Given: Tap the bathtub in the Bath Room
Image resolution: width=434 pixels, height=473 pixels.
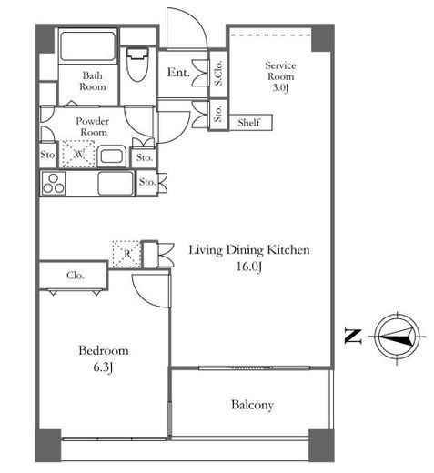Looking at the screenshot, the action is point(87,45).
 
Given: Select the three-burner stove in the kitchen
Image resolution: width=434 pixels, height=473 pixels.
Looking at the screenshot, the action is point(54,183).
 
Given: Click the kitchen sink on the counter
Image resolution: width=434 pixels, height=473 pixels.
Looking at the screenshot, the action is point(116,183).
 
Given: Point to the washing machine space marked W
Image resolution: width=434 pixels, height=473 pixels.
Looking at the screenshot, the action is point(79,154).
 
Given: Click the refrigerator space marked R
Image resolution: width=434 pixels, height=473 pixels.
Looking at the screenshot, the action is point(126,254).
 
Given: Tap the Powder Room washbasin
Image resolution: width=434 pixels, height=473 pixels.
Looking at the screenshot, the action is point(112,156).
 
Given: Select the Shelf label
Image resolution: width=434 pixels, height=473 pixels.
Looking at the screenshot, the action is point(248,123).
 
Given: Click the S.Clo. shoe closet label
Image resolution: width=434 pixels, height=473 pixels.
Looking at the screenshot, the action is point(218,73).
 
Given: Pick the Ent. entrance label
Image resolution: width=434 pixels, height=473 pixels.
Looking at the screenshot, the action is point(178,73).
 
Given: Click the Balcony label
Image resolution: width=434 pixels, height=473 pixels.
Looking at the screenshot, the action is point(252,405).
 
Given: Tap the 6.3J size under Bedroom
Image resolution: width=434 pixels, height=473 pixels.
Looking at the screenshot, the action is point(103,367).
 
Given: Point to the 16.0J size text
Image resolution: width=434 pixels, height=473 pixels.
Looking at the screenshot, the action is point(248,267).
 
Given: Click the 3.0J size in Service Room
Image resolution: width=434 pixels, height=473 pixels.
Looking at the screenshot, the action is point(280,88).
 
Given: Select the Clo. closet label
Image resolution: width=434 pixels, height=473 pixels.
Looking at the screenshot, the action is point(76,276).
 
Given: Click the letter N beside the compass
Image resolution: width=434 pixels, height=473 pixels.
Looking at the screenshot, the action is point(353,337).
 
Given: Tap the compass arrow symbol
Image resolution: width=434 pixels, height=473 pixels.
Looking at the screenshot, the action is point(397,337).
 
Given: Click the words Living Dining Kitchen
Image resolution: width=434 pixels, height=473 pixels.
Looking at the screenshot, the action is point(249,250).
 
